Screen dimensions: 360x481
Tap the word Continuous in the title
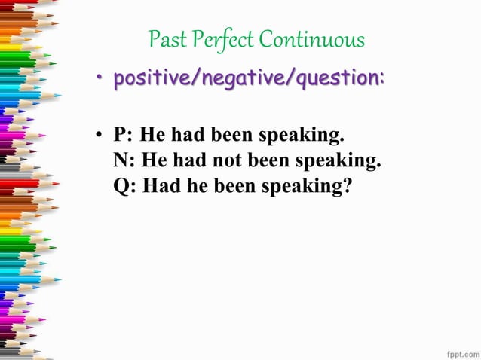click(311, 39)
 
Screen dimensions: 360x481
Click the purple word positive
click(149, 80)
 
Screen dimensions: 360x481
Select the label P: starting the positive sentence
click(124, 136)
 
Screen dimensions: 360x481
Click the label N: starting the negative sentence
click(125, 161)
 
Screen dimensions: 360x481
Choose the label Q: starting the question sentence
click(125, 186)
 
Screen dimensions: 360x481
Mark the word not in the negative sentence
click(228, 161)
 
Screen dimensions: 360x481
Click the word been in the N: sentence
click(270, 161)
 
